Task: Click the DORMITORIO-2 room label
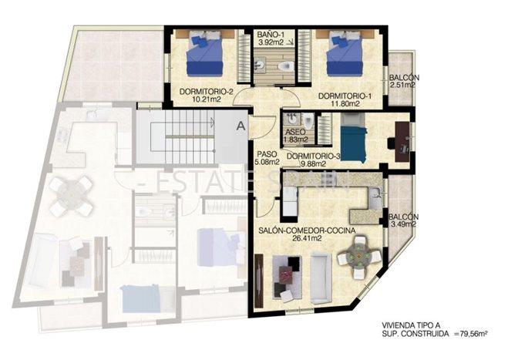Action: [204, 91]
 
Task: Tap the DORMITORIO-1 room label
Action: [345, 96]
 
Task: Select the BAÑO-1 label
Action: [271, 35]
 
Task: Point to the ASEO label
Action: [294, 133]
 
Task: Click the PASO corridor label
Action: [266, 153]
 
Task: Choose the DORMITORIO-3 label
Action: [313, 156]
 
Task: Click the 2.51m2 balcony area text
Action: [402, 86]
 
